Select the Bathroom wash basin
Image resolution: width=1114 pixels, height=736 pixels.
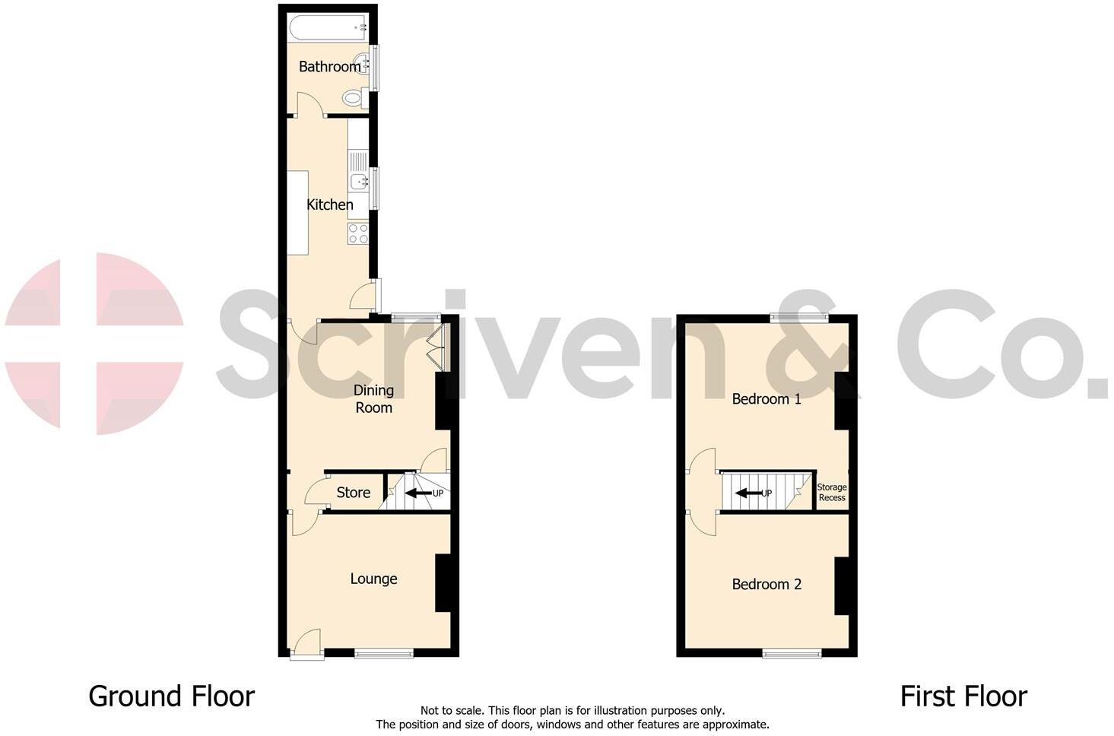362,66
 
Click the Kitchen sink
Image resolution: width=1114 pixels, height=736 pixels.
357,181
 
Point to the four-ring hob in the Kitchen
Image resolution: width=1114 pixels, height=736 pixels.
358,233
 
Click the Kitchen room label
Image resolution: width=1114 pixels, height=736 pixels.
329,205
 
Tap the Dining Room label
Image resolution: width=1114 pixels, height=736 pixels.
374,398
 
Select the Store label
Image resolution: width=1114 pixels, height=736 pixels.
354,493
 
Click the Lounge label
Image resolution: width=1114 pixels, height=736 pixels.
373,579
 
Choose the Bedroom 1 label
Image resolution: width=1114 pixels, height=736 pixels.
766,398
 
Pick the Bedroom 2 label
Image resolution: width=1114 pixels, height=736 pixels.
766,584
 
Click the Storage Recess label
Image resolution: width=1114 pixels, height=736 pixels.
832,493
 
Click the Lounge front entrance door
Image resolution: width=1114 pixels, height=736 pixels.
306,644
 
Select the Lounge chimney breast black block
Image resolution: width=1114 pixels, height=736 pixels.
443,582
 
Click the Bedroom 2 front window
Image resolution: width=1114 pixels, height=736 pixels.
792,652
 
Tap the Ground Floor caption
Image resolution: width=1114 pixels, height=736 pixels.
172,696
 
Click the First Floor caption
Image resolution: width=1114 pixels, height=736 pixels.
963,696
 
